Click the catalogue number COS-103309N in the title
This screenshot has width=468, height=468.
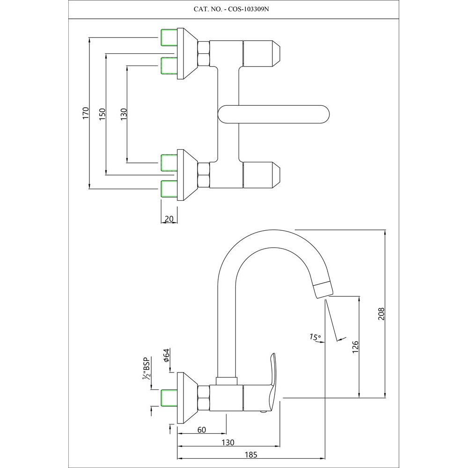coord(249,9)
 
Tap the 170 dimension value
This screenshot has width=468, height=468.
coord(85,114)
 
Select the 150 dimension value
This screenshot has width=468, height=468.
coord(102,114)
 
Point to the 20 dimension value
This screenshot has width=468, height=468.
coord(169,219)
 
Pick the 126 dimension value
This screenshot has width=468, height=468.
coord(355,346)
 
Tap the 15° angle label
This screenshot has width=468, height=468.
coord(315,336)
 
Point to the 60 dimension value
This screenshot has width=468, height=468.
coord(202,430)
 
